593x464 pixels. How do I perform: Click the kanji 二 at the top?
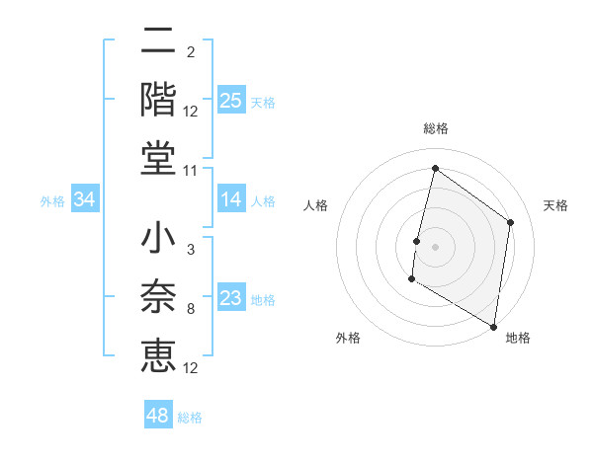158,40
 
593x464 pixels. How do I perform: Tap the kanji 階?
158,100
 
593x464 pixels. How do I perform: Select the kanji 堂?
158,159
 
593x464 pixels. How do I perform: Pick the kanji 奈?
158,297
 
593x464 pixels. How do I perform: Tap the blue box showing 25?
230,100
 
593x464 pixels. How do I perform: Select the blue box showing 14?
230,200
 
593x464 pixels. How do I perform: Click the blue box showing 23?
230,299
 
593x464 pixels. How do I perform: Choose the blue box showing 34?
85,200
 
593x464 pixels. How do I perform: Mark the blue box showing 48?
157,416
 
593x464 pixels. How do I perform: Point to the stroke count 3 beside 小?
190,250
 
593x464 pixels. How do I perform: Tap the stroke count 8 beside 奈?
190,309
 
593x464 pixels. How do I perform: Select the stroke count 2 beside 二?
190,52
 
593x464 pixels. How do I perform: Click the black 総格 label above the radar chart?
435,128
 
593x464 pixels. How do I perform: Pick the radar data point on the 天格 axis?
511,222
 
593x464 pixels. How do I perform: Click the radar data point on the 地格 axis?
493,326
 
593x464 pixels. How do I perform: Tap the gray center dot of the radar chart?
435,247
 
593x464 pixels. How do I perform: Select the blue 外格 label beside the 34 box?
52,201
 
